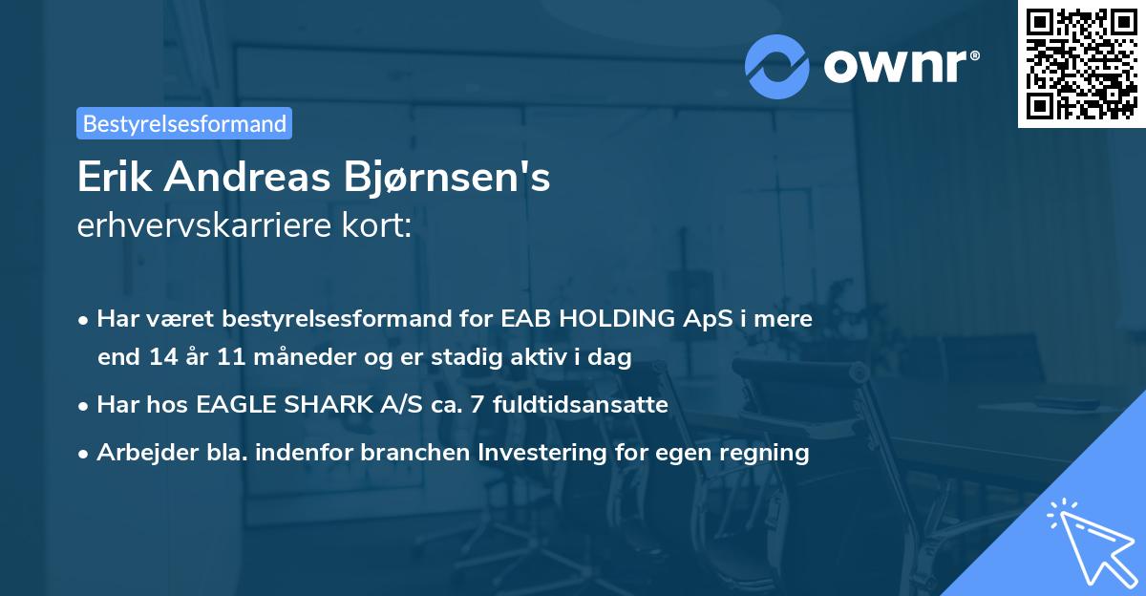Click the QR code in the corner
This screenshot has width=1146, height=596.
(1081, 63)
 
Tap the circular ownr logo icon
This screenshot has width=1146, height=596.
(777, 67)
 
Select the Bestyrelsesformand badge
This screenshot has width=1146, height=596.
(184, 123)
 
